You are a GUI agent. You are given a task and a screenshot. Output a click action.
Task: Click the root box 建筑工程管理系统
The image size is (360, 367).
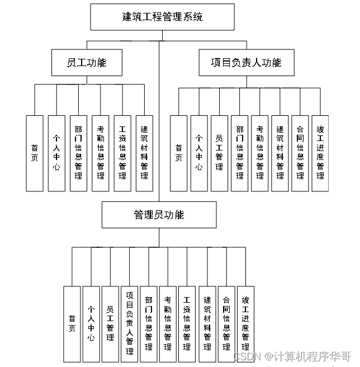[x=162, y=17]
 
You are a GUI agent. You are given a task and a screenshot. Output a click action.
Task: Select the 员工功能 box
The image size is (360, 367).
[x=86, y=63]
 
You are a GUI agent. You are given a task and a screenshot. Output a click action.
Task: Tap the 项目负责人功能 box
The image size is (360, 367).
[x=246, y=63]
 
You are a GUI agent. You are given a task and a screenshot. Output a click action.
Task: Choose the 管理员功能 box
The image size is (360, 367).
[x=159, y=215]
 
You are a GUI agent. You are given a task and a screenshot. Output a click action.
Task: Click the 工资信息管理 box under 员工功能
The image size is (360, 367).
[x=122, y=153]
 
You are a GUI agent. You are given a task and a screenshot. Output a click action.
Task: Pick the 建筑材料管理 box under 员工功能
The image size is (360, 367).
[x=144, y=153]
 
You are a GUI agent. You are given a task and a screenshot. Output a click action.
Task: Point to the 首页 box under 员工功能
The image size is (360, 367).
[x=35, y=153]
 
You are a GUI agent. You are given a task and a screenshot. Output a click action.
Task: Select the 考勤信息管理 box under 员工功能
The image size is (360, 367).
[x=101, y=153]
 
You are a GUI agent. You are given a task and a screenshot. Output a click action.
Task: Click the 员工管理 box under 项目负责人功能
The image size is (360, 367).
[x=219, y=153]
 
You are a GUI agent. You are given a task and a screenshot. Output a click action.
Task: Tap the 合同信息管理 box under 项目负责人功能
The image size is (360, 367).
[x=300, y=153]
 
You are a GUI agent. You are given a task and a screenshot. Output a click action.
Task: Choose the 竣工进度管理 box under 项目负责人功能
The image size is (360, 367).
[x=320, y=153]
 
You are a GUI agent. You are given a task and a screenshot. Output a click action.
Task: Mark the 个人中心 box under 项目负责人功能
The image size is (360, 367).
[x=199, y=153]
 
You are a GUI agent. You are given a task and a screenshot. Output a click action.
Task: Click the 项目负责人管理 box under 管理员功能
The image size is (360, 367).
[x=130, y=323]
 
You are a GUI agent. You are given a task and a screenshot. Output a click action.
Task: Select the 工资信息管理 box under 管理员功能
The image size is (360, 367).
[x=187, y=323]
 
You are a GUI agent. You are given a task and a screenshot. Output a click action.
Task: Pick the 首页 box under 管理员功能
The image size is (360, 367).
[x=72, y=323]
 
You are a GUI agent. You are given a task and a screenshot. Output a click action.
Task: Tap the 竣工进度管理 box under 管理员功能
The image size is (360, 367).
[x=245, y=323]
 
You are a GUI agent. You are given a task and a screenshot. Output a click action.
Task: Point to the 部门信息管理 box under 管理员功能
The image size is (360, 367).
[x=149, y=323]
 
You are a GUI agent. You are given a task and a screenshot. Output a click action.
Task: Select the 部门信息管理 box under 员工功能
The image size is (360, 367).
[x=78, y=153]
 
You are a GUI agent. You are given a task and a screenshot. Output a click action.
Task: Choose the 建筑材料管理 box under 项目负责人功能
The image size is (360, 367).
[x=280, y=153]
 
